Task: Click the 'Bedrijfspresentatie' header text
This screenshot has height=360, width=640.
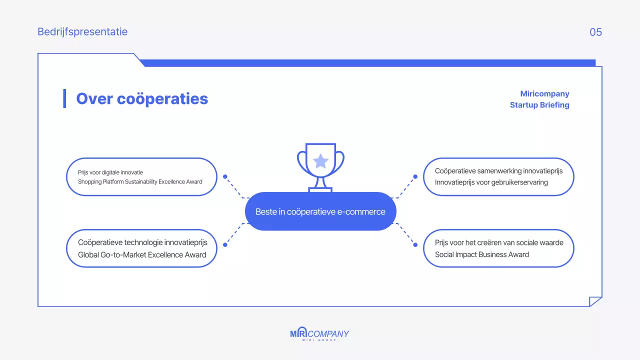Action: (x=82, y=32)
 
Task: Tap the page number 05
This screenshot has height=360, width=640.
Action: (x=595, y=32)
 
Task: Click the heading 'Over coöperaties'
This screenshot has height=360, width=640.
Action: (x=142, y=98)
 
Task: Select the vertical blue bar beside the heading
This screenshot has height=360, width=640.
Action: (x=64, y=98)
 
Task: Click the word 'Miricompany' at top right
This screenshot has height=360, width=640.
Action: (x=544, y=94)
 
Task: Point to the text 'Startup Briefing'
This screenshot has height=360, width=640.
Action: (x=539, y=105)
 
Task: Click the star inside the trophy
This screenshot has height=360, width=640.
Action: (x=320, y=161)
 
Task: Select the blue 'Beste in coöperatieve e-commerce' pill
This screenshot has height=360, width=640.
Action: (x=320, y=211)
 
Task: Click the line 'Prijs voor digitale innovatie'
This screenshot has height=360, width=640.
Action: (x=110, y=172)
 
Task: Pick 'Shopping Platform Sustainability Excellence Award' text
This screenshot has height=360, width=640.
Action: (x=140, y=182)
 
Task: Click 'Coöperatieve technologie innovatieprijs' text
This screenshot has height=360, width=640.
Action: (x=142, y=242)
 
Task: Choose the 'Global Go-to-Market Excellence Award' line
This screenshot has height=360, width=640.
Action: (x=142, y=254)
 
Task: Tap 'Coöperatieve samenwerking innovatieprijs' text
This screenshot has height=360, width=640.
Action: (x=498, y=171)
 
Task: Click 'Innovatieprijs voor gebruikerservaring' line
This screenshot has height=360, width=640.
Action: (x=491, y=182)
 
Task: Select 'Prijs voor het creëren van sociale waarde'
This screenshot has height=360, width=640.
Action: (x=499, y=242)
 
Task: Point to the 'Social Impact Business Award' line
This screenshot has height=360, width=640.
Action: (x=481, y=254)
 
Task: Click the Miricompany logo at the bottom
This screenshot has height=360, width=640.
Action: (x=319, y=334)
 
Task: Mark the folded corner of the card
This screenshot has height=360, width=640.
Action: (x=595, y=301)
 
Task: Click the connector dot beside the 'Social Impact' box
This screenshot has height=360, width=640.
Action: (x=415, y=244)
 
